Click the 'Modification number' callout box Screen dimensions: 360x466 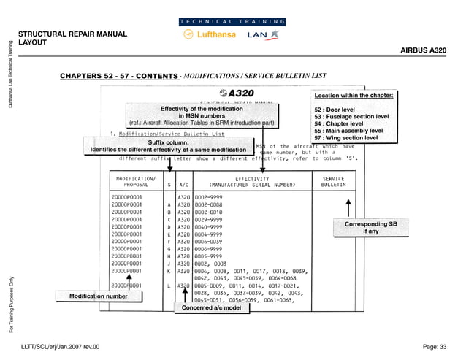98,296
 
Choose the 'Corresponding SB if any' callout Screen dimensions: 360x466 371,227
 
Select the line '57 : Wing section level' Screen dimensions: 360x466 345,137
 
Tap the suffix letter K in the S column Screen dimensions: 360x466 169,271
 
